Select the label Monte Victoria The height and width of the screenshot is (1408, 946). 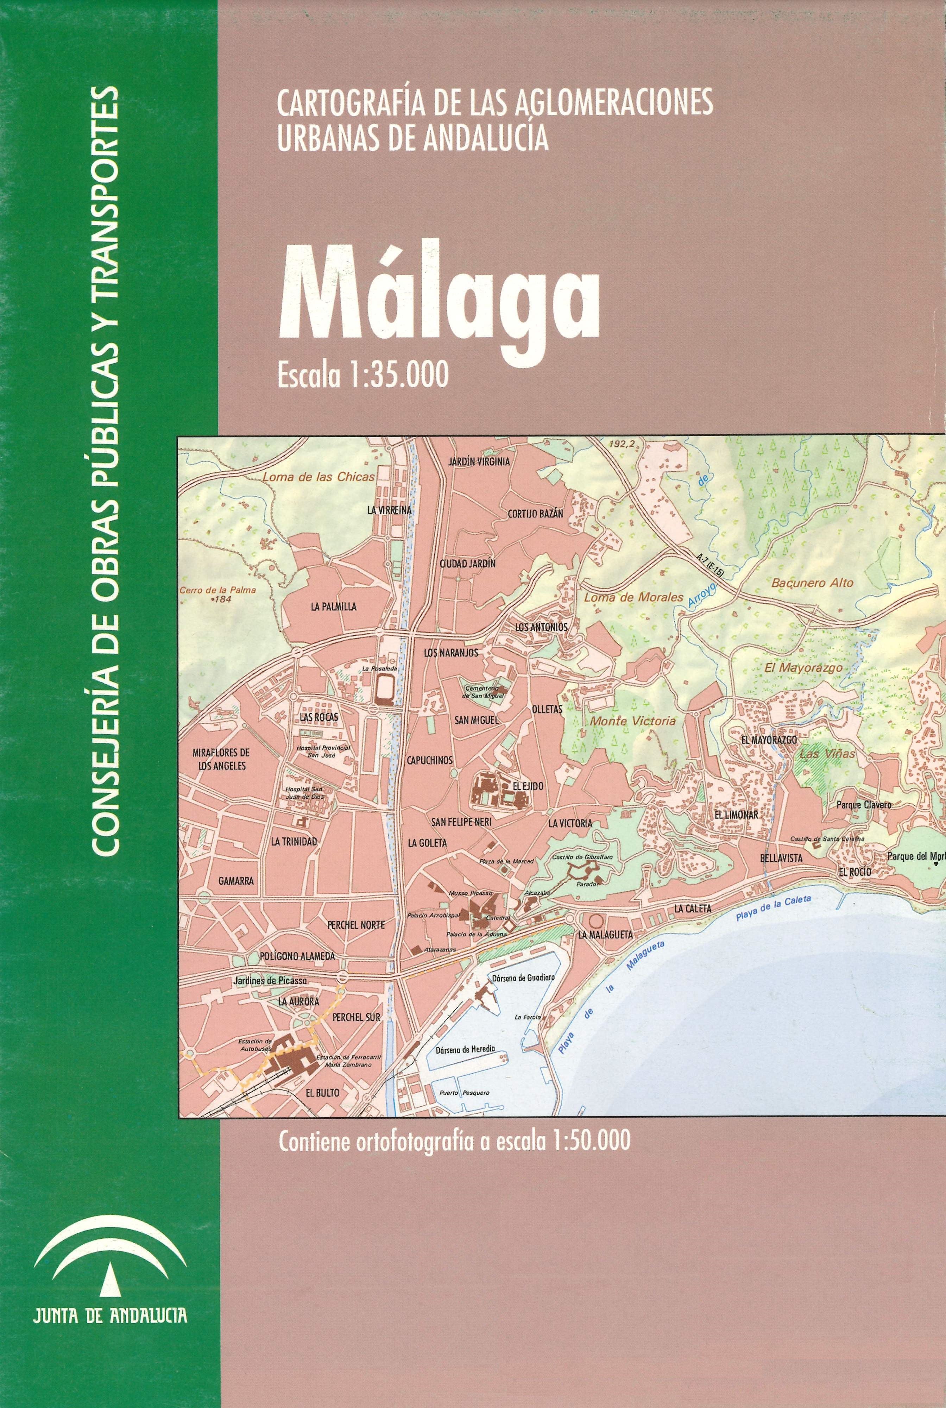pyautogui.click(x=633, y=721)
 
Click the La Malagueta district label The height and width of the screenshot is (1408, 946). pyautogui.click(x=605, y=935)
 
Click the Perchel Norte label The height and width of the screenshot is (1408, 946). pyautogui.click(x=356, y=924)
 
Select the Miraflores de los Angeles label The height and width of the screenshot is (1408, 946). pyautogui.click(x=220, y=759)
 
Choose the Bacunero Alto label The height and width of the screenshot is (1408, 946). pyautogui.click(x=812, y=583)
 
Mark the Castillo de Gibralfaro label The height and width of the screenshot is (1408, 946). pyautogui.click(x=574, y=857)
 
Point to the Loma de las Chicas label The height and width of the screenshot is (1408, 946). pyautogui.click(x=318, y=477)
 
